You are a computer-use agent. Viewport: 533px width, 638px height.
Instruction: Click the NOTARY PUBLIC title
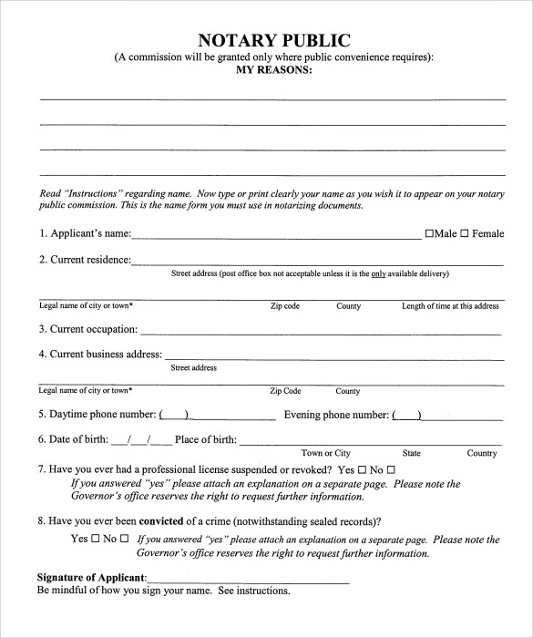(x=273, y=40)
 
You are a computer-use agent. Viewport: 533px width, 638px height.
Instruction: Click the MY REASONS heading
(x=273, y=69)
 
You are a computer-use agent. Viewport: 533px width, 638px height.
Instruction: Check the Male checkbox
(x=430, y=233)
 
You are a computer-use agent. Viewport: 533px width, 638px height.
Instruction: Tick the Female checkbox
(x=464, y=233)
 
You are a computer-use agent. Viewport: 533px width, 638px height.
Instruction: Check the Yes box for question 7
(x=362, y=469)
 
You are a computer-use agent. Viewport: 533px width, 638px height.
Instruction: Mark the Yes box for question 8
(x=96, y=539)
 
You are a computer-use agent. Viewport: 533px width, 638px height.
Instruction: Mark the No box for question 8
(x=124, y=539)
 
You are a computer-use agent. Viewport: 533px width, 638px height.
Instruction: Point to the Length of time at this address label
(x=450, y=306)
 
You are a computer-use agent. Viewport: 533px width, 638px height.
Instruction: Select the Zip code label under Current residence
(x=285, y=306)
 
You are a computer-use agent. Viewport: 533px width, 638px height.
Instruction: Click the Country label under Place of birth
(x=482, y=453)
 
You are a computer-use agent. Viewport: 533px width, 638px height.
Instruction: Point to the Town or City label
(x=326, y=453)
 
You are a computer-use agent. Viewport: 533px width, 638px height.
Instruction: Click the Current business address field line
(x=333, y=356)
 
